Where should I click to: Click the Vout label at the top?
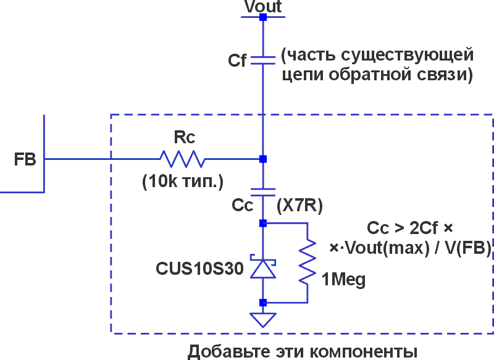coord(262,7)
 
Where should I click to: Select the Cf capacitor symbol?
coord(262,61)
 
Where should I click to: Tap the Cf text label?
coord(238,61)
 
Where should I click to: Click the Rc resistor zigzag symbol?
coord(183,159)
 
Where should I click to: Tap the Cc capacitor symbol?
coord(262,191)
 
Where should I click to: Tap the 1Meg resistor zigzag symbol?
coord(307,262)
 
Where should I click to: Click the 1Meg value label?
coord(343,280)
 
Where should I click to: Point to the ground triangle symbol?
coord(262,319)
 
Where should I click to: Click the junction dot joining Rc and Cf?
coord(262,159)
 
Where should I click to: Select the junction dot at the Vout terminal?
coord(262,17)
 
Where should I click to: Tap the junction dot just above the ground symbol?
coord(262,303)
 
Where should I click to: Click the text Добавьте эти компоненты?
coord(303,350)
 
